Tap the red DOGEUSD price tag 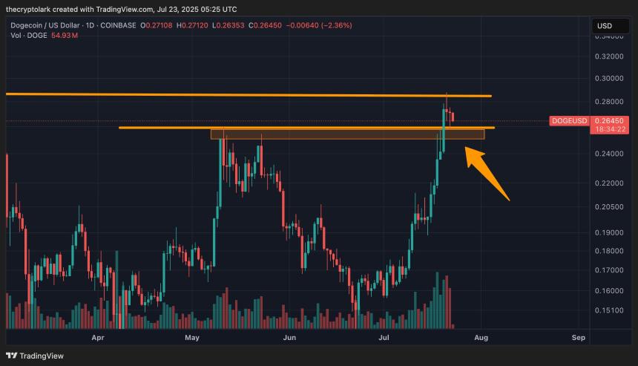point(569,120)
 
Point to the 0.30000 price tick point(609,78)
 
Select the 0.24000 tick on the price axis point(609,154)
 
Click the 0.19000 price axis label point(609,233)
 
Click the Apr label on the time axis point(97,338)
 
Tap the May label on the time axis point(193,338)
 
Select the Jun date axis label point(289,338)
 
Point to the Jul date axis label point(384,338)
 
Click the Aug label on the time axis point(481,338)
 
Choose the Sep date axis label point(579,338)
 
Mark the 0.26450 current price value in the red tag point(609,120)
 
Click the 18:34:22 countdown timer point(609,129)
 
